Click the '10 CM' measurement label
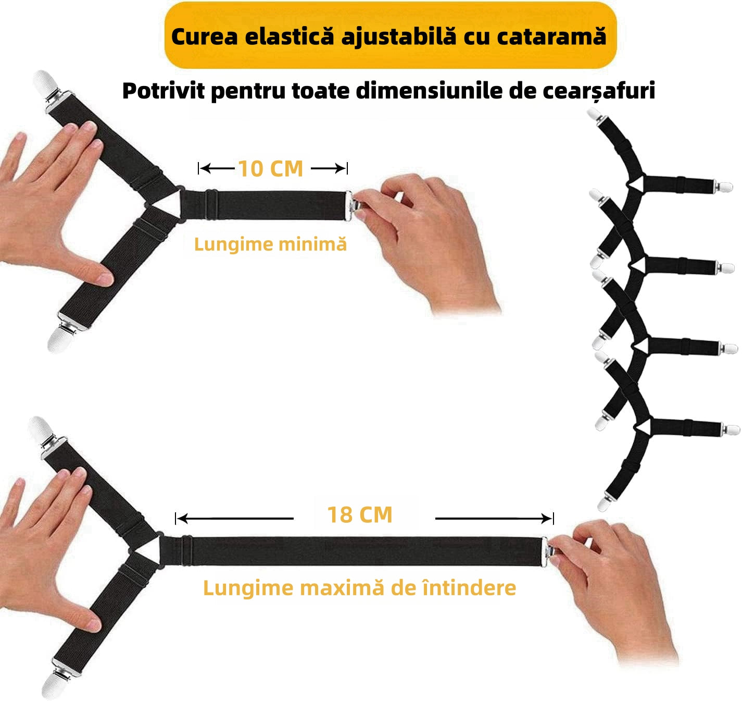[x=270, y=169]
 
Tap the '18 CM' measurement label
[x=360, y=515]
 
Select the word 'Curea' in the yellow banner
[x=204, y=36]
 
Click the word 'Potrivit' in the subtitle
[x=164, y=91]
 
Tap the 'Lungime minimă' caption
[x=270, y=244]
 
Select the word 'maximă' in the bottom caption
[x=342, y=588]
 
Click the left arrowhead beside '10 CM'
[x=204, y=169]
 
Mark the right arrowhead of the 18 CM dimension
[x=547, y=519]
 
